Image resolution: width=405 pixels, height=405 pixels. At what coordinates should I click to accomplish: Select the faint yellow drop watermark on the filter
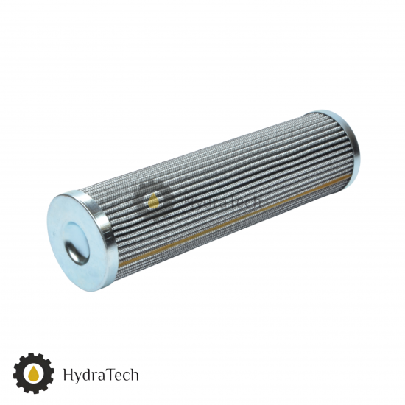[153, 202]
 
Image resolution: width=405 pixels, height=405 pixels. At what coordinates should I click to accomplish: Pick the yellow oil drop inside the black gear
[33, 374]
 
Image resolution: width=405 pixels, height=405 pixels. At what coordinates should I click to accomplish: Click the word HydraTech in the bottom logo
[101, 375]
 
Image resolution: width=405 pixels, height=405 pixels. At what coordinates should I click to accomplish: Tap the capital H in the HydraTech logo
[68, 374]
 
